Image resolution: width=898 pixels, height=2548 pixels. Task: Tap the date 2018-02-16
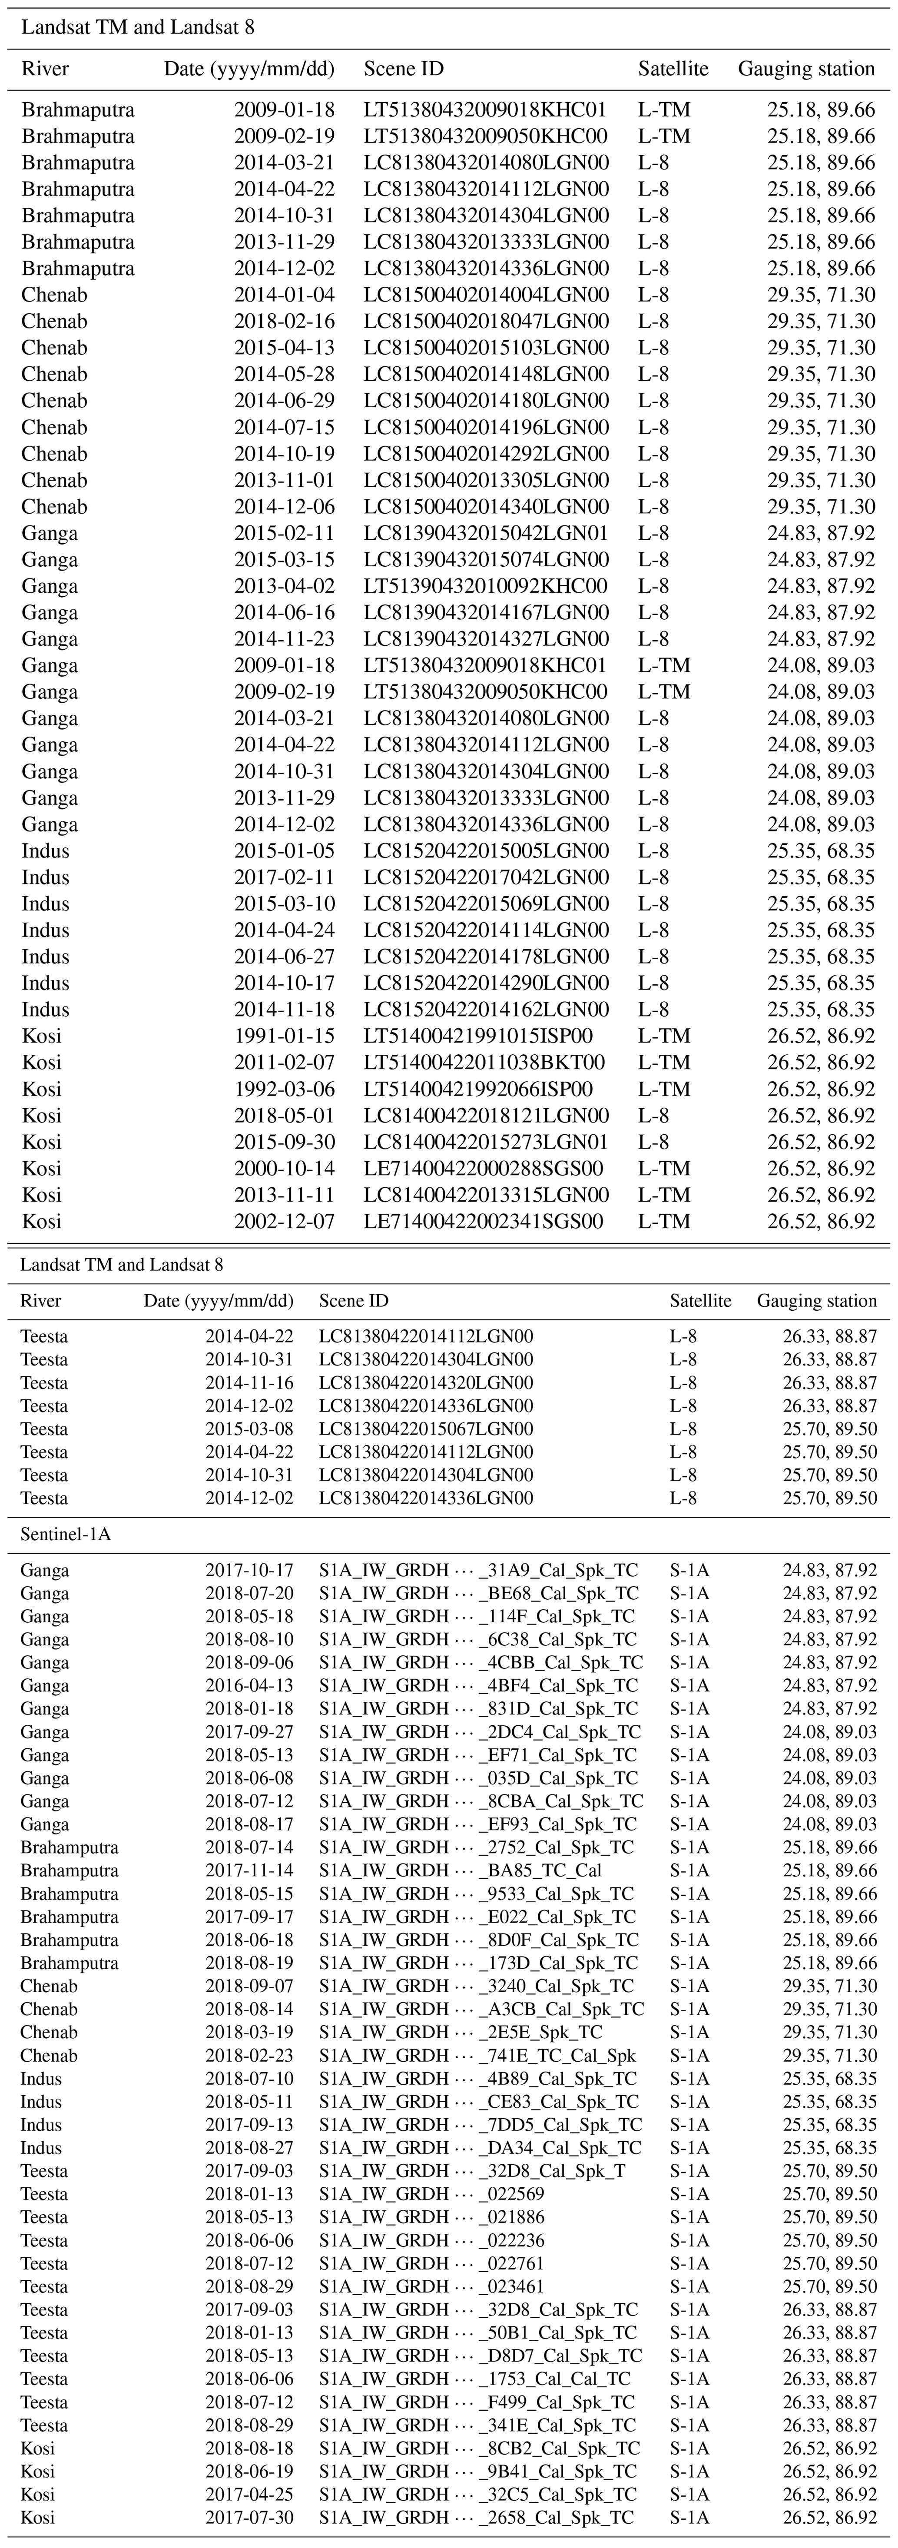(284, 322)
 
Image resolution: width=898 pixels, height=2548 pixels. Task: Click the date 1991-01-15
(284, 1036)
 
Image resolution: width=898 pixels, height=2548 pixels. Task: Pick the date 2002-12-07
(284, 1222)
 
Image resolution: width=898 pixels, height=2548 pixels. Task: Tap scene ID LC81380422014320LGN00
(425, 1383)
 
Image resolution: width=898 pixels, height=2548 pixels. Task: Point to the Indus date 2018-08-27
(249, 2147)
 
